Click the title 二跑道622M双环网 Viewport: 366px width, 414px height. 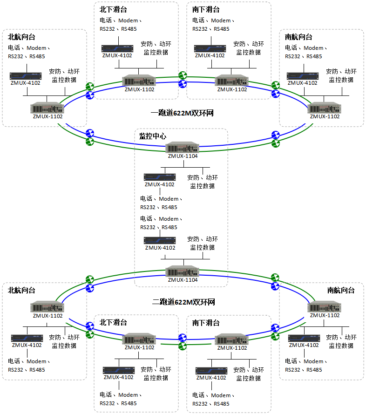pyautogui.click(x=183, y=302)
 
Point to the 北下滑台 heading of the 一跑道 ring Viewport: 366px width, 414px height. pyautogui.click(x=113, y=9)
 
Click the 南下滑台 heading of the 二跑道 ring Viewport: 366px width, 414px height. pyautogui.click(x=206, y=322)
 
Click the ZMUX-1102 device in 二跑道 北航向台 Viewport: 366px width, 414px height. pyautogui.click(x=47, y=307)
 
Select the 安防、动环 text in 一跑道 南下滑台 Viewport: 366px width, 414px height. pyautogui.click(x=249, y=44)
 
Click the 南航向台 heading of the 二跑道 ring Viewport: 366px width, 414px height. pyautogui.click(x=341, y=290)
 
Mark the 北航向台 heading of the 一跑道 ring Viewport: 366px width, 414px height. pyautogui.click(x=21, y=37)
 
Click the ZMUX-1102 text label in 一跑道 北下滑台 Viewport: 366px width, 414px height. pyautogui.click(x=139, y=89)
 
